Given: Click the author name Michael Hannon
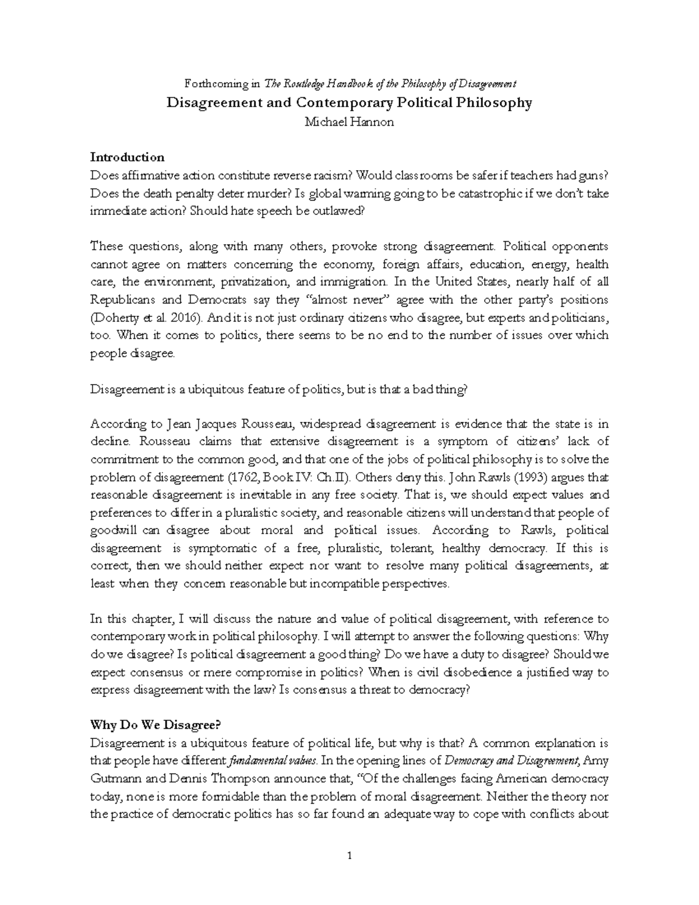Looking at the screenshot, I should coord(349,122).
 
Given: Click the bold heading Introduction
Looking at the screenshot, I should coord(127,157).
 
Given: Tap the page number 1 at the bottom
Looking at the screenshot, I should coord(349,856).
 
